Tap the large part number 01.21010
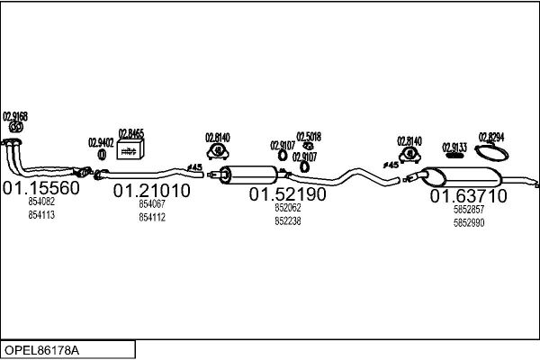(151, 191)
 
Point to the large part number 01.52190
(287, 193)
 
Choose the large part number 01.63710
(468, 195)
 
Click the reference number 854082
(41, 203)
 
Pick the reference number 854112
(151, 217)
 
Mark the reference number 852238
(287, 220)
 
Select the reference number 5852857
(469, 210)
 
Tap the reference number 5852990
(469, 222)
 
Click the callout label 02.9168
(15, 116)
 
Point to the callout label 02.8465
(131, 133)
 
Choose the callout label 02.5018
(309, 137)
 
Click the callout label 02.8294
(491, 137)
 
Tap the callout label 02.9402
(101, 142)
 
